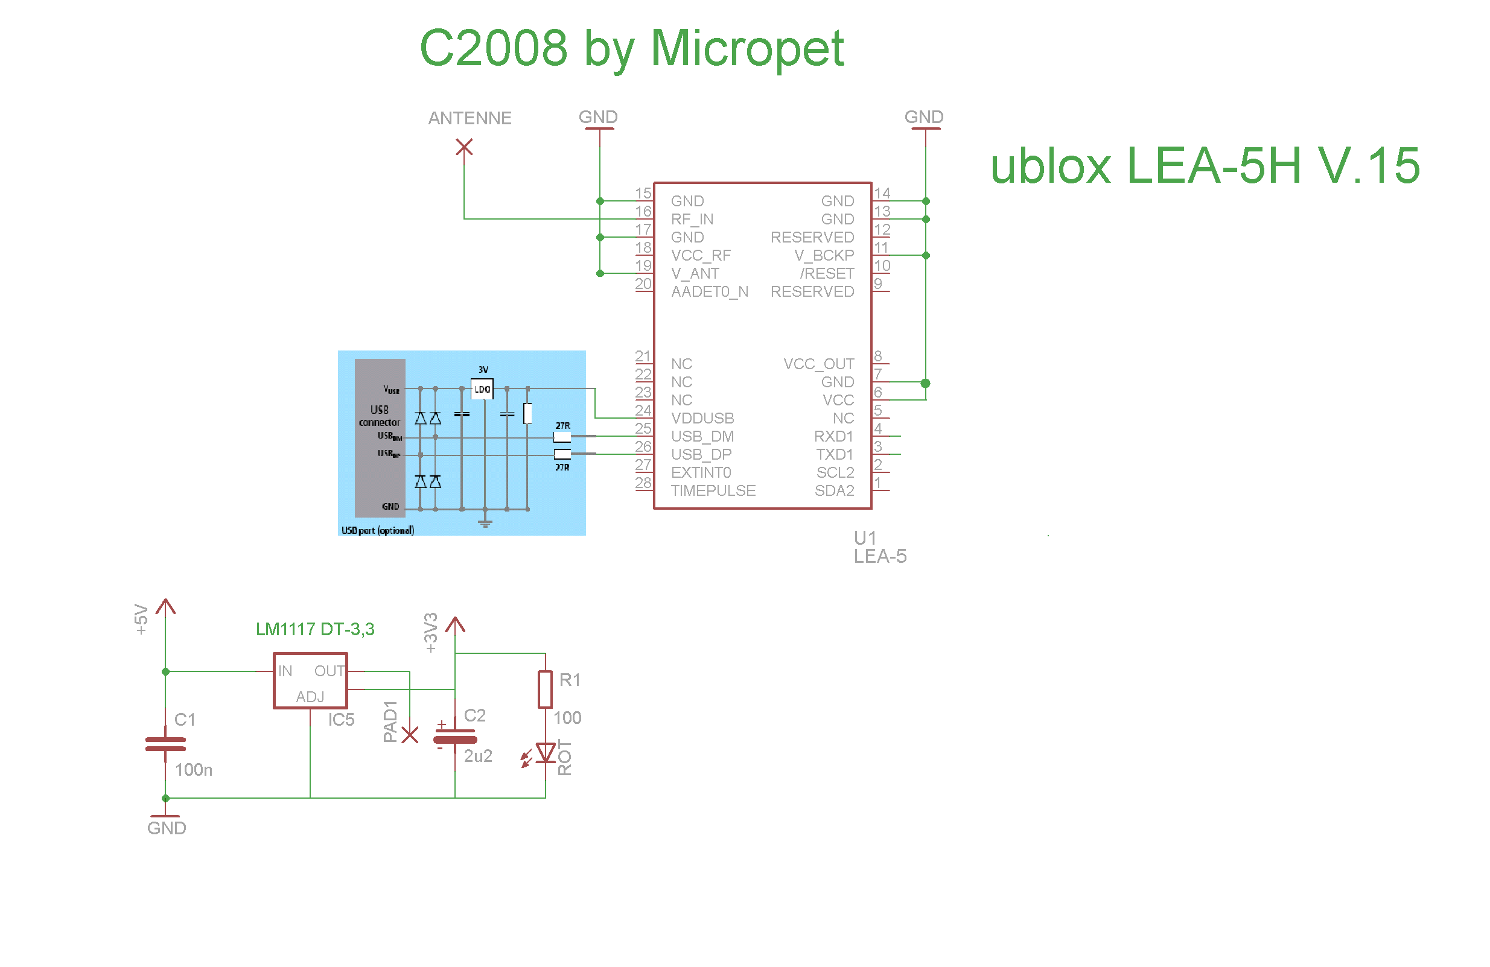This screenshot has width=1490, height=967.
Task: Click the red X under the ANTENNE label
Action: coord(464,148)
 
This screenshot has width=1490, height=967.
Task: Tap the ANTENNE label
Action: coord(470,118)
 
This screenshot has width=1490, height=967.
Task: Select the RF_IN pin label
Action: coord(692,220)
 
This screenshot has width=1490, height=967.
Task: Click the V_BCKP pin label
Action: coord(824,256)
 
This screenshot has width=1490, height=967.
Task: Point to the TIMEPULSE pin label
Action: coord(713,491)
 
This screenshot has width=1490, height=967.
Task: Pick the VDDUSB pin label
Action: coord(702,419)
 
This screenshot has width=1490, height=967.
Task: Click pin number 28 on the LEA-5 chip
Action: coord(643,483)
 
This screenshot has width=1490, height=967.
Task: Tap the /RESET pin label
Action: coord(827,274)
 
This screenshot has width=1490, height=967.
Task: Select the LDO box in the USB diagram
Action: coord(482,389)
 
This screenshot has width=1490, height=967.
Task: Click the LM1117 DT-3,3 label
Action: coord(315,630)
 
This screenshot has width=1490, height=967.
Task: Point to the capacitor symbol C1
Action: coord(165,744)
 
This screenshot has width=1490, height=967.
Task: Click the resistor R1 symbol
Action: coord(546,690)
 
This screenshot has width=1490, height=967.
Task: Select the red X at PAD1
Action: coord(410,735)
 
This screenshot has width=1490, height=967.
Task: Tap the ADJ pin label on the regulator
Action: coord(310,697)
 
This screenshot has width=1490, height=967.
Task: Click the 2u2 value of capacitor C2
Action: coord(478,756)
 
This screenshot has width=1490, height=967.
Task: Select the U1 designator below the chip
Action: coord(865,538)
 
